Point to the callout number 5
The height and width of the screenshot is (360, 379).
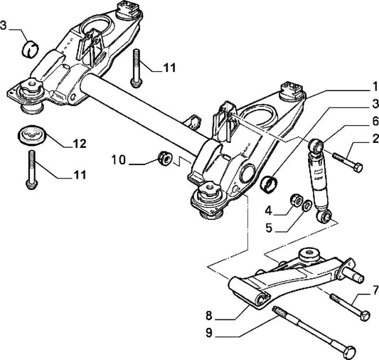pos(268,229)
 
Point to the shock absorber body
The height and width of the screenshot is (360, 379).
pos(318,179)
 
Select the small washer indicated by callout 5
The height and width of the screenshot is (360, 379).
pos(306,206)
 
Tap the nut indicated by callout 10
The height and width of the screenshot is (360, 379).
pos(163,157)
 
